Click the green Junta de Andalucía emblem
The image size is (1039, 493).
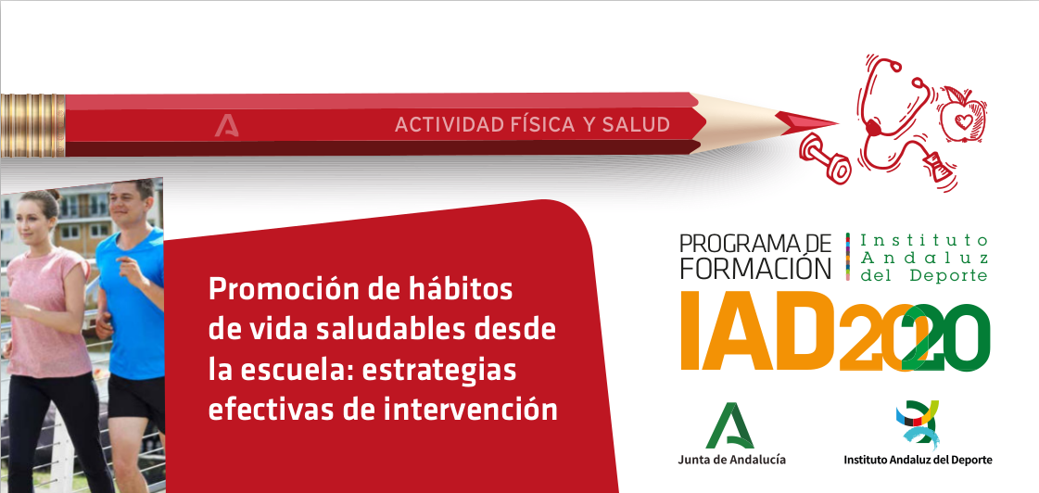tap(730, 425)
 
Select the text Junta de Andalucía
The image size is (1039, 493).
tap(730, 461)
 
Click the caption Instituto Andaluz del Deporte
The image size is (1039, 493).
tap(917, 461)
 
